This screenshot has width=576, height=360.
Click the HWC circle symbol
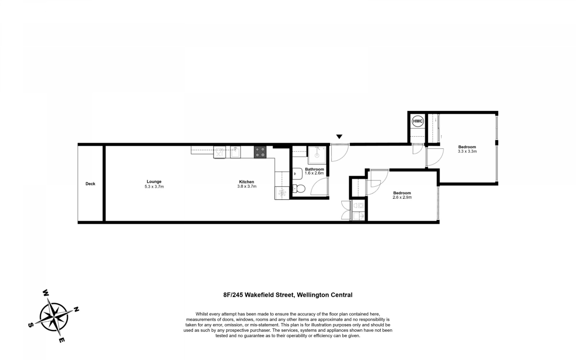[418, 121]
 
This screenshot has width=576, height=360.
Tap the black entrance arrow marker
[339, 136]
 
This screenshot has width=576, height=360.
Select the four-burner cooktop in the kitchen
[260, 152]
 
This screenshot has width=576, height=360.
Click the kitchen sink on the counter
[235, 152]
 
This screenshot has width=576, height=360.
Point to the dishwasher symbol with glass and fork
[219, 152]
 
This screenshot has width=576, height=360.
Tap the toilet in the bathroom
[299, 189]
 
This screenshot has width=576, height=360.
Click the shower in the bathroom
[317, 155]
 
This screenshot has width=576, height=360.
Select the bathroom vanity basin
[298, 174]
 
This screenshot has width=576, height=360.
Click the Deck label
[90, 184]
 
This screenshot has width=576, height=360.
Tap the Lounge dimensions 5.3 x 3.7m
[154, 187]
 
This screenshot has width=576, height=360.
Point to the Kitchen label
[247, 182]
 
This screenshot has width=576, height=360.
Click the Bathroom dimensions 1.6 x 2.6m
[314, 173]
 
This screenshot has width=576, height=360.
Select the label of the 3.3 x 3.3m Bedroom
[467, 147]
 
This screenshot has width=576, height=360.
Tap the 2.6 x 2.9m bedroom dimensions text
[402, 197]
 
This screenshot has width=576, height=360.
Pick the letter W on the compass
[46, 293]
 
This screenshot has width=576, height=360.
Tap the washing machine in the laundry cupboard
[359, 205]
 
